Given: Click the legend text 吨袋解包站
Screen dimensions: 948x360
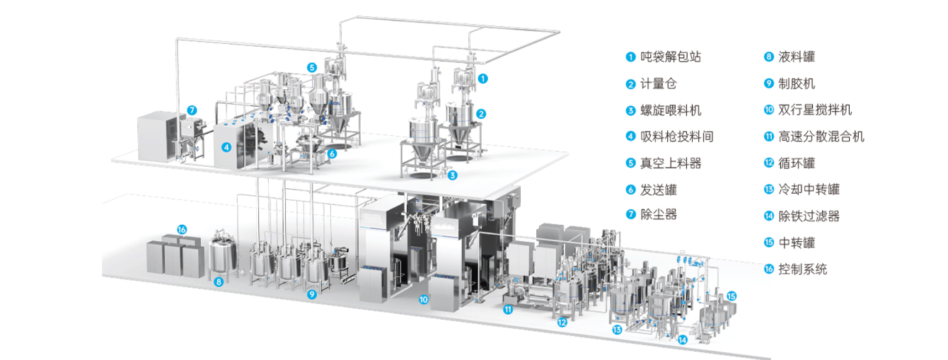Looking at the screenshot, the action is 671,57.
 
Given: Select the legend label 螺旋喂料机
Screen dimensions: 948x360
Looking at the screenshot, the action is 671,110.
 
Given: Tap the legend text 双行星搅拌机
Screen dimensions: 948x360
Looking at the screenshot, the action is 815,110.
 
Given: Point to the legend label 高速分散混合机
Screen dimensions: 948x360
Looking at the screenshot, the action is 821,137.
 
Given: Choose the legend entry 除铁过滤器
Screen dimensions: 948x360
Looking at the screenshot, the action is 809,216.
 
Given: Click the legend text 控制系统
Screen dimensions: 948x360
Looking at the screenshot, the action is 803,269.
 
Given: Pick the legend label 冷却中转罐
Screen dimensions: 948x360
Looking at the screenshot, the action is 809,189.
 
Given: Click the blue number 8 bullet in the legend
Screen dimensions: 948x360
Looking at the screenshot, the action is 768,57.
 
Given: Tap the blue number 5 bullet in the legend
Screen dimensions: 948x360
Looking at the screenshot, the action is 630,163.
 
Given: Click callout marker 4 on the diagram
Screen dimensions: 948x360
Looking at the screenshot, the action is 226,147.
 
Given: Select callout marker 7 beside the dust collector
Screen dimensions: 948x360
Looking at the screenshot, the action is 192,110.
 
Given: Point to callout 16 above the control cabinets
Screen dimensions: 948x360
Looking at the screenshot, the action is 182,230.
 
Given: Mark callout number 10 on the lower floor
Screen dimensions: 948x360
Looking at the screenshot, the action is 424,299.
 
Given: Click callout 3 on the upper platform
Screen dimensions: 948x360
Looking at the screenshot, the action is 452,175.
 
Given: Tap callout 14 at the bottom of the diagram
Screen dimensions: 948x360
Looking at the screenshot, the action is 683,339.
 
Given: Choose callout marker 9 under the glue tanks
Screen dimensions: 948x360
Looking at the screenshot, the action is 312,294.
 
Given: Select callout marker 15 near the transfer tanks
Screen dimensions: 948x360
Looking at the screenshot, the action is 732,296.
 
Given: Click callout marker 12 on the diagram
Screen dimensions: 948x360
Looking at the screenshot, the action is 562,323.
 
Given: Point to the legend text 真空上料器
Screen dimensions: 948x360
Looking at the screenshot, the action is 671,163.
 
